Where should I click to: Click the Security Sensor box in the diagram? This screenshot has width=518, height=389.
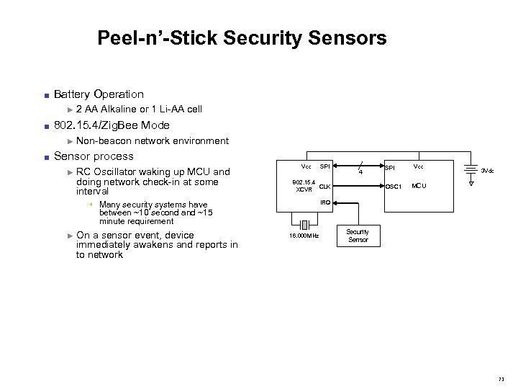(358, 236)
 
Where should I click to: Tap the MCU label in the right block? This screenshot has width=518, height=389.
(419, 187)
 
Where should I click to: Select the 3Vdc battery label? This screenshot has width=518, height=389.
(488, 171)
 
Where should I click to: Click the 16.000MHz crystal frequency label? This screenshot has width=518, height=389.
(303, 236)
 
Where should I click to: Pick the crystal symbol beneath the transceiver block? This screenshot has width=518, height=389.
(303, 220)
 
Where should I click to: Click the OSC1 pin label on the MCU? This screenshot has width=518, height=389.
(394, 187)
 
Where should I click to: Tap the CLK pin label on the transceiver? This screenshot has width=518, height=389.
(325, 187)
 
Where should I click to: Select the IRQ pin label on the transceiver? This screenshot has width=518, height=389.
(325, 202)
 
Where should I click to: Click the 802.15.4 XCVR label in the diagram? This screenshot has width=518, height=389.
(302, 186)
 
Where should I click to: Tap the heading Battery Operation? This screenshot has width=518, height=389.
(99, 94)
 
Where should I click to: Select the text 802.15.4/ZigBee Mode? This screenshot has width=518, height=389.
(112, 125)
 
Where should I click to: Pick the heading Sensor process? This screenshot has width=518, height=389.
(94, 156)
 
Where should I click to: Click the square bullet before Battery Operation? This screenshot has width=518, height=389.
(45, 95)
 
